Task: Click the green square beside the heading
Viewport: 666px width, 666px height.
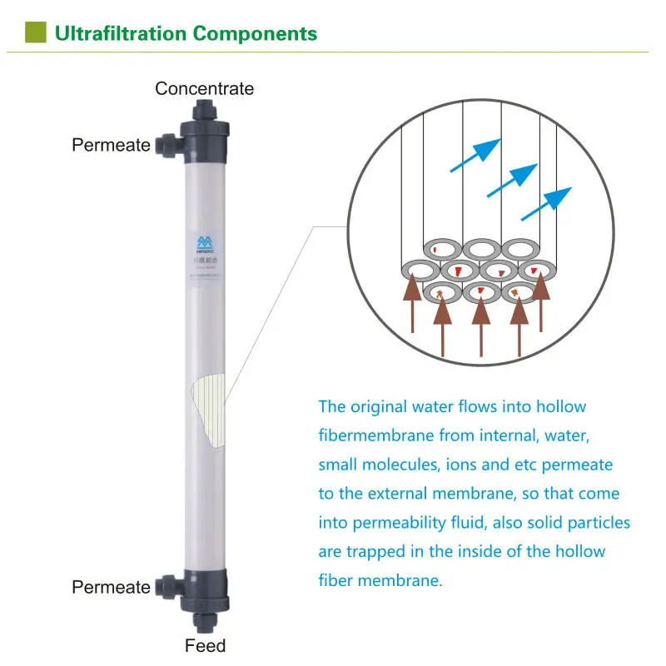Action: point(34,32)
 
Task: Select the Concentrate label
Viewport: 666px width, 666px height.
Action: point(204,88)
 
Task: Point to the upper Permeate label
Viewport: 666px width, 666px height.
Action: point(111,145)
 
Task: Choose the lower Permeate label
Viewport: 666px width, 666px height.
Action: point(111,587)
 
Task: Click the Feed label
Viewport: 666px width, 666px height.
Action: point(205,645)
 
